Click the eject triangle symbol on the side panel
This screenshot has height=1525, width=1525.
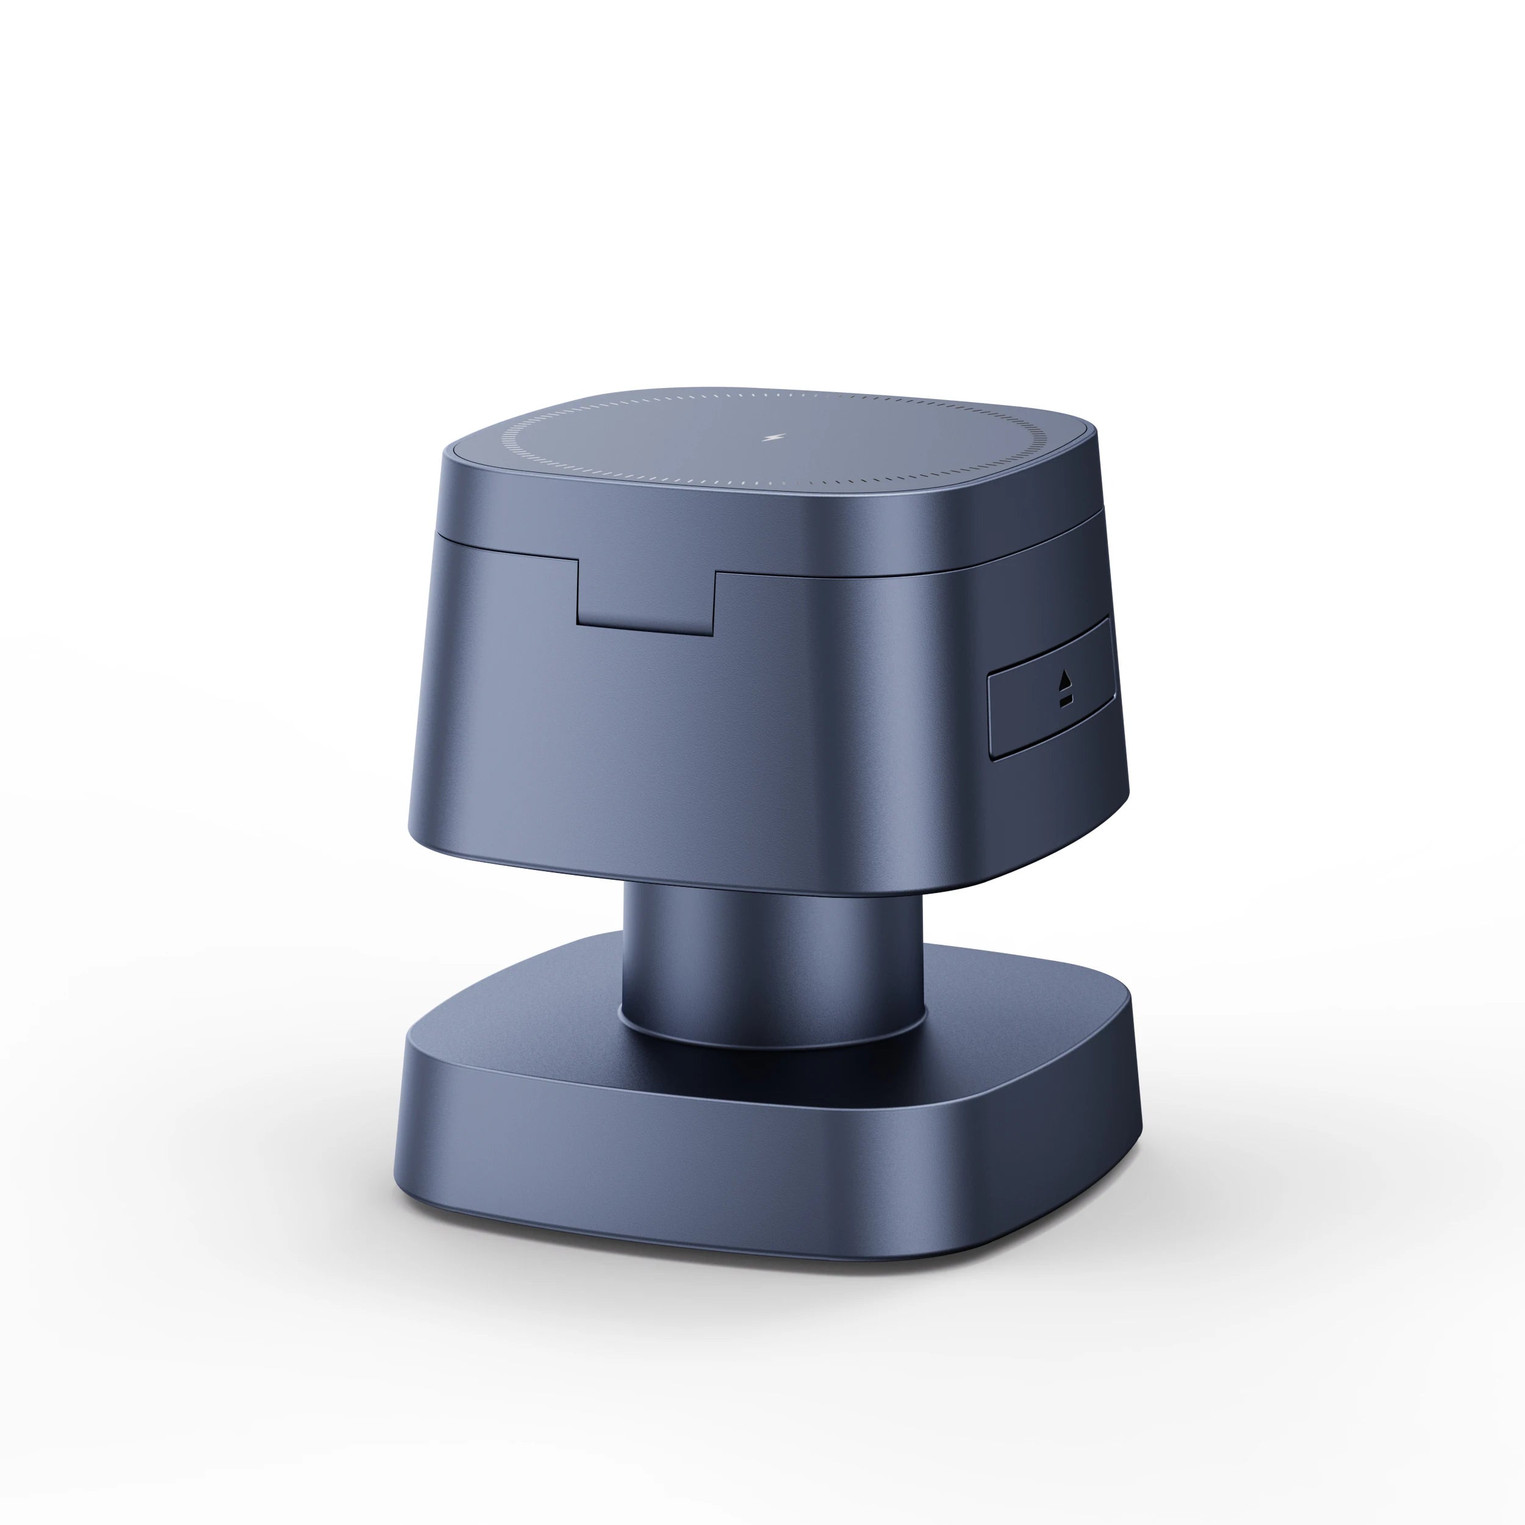tap(1066, 678)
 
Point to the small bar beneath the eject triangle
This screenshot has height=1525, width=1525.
tap(1066, 699)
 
